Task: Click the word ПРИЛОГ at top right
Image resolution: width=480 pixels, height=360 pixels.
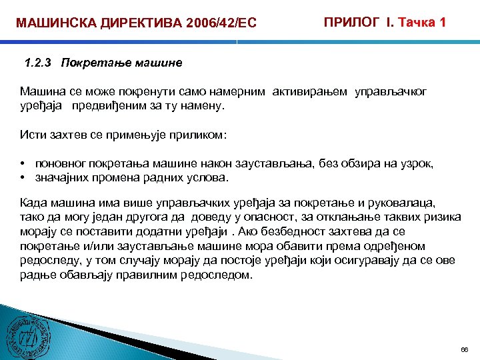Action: (x=350, y=22)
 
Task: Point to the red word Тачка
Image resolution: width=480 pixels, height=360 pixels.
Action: (x=416, y=22)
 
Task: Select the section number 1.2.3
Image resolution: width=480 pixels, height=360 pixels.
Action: (x=38, y=63)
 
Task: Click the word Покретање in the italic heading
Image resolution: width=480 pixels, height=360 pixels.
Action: (x=93, y=63)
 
